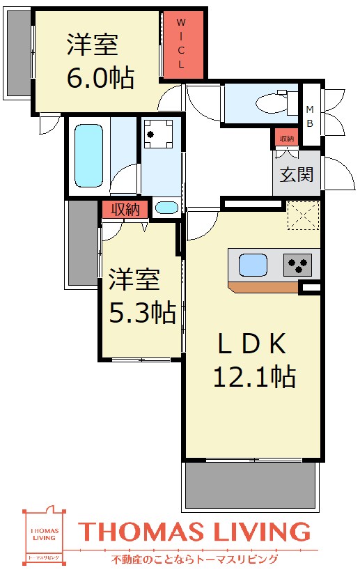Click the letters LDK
tap(251, 344)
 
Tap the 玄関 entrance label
tap(297, 174)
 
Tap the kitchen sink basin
tap(253, 265)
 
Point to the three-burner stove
tap(297, 265)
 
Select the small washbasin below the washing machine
tap(166, 208)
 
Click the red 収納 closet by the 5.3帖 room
tap(125, 209)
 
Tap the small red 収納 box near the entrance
tap(286, 139)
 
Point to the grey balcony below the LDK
tap(253, 485)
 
